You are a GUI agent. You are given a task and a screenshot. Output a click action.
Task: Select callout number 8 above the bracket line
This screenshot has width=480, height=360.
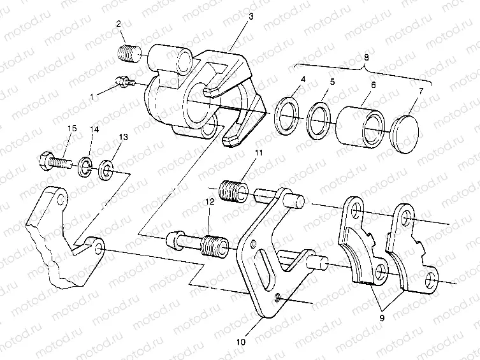(x=366, y=57)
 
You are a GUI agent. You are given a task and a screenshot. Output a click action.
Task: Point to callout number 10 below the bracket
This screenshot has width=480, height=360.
(x=240, y=342)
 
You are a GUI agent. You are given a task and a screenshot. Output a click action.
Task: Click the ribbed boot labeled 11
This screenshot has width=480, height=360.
(x=233, y=190)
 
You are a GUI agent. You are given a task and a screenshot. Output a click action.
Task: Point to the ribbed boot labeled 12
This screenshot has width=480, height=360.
(x=214, y=245)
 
